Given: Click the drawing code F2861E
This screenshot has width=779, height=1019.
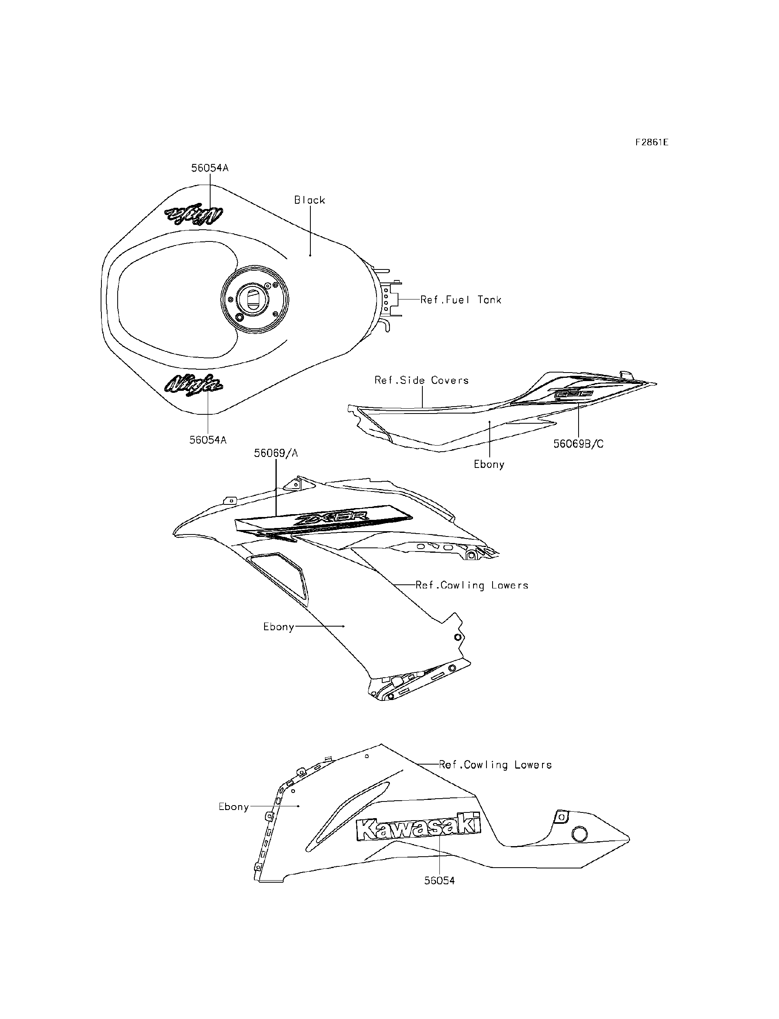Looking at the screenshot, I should click(652, 142).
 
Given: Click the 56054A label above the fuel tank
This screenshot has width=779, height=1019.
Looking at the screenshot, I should click(210, 168).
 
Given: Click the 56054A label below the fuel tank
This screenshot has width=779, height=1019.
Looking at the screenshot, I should click(208, 439).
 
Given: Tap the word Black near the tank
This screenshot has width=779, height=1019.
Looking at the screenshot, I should click(310, 200).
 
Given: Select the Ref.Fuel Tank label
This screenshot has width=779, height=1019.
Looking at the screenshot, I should click(461, 300).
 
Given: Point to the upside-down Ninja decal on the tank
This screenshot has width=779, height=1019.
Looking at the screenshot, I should click(194, 214).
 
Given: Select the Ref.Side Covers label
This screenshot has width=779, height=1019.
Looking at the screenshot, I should click(422, 380).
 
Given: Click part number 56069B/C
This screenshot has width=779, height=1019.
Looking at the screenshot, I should click(578, 444).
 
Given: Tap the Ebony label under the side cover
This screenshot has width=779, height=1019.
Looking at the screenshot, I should click(489, 464).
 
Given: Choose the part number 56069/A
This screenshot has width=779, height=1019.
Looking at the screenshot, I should click(275, 453).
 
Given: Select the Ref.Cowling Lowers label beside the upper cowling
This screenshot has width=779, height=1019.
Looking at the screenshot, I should click(471, 585).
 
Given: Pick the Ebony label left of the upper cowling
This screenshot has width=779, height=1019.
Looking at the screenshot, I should click(279, 627).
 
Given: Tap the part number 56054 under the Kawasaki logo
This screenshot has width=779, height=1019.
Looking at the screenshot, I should click(439, 880).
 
